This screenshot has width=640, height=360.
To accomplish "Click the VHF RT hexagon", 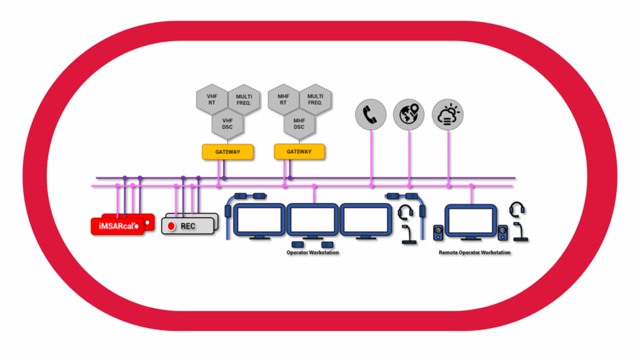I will coord(211,100).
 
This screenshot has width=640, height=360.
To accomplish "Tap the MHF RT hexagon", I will coord(282,100).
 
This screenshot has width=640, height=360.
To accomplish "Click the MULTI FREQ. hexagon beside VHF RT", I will coord(242,100).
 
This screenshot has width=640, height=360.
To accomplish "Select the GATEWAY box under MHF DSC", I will coord(299,152).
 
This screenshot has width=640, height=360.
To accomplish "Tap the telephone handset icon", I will coord(371,115).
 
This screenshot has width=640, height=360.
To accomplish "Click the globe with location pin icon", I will coord(409,115).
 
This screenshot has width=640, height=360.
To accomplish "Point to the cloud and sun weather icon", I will coord(448,115).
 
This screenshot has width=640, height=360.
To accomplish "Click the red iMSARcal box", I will coord(119,224).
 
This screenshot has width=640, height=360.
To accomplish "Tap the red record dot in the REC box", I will coord(171,226).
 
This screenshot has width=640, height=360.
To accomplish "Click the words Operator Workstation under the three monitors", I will coord(312,252).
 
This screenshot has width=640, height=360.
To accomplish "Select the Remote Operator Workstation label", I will coord(474,252).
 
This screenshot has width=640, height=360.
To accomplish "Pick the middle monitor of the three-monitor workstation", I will coord(312,219).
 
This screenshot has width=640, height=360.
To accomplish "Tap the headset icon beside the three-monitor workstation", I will coord(406,212).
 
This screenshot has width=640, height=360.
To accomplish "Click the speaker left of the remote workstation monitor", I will coord(437,232).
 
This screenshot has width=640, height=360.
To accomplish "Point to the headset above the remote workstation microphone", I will coord(517,209).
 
